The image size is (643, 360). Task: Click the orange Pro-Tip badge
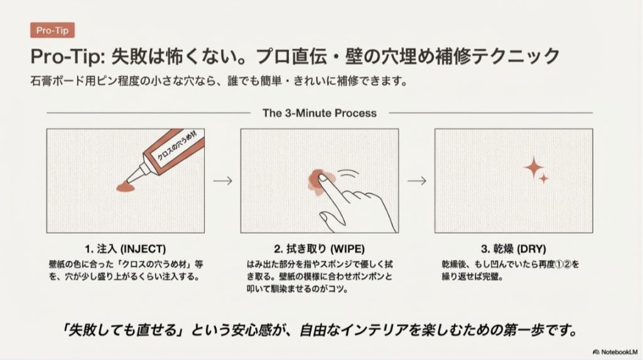(52, 30)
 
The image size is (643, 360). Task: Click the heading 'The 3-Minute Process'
(320, 113)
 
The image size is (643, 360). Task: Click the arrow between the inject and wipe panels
(222, 180)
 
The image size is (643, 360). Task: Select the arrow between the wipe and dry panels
(416, 180)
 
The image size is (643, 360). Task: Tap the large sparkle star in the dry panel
(534, 166)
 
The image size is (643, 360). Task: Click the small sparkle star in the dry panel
(544, 179)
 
